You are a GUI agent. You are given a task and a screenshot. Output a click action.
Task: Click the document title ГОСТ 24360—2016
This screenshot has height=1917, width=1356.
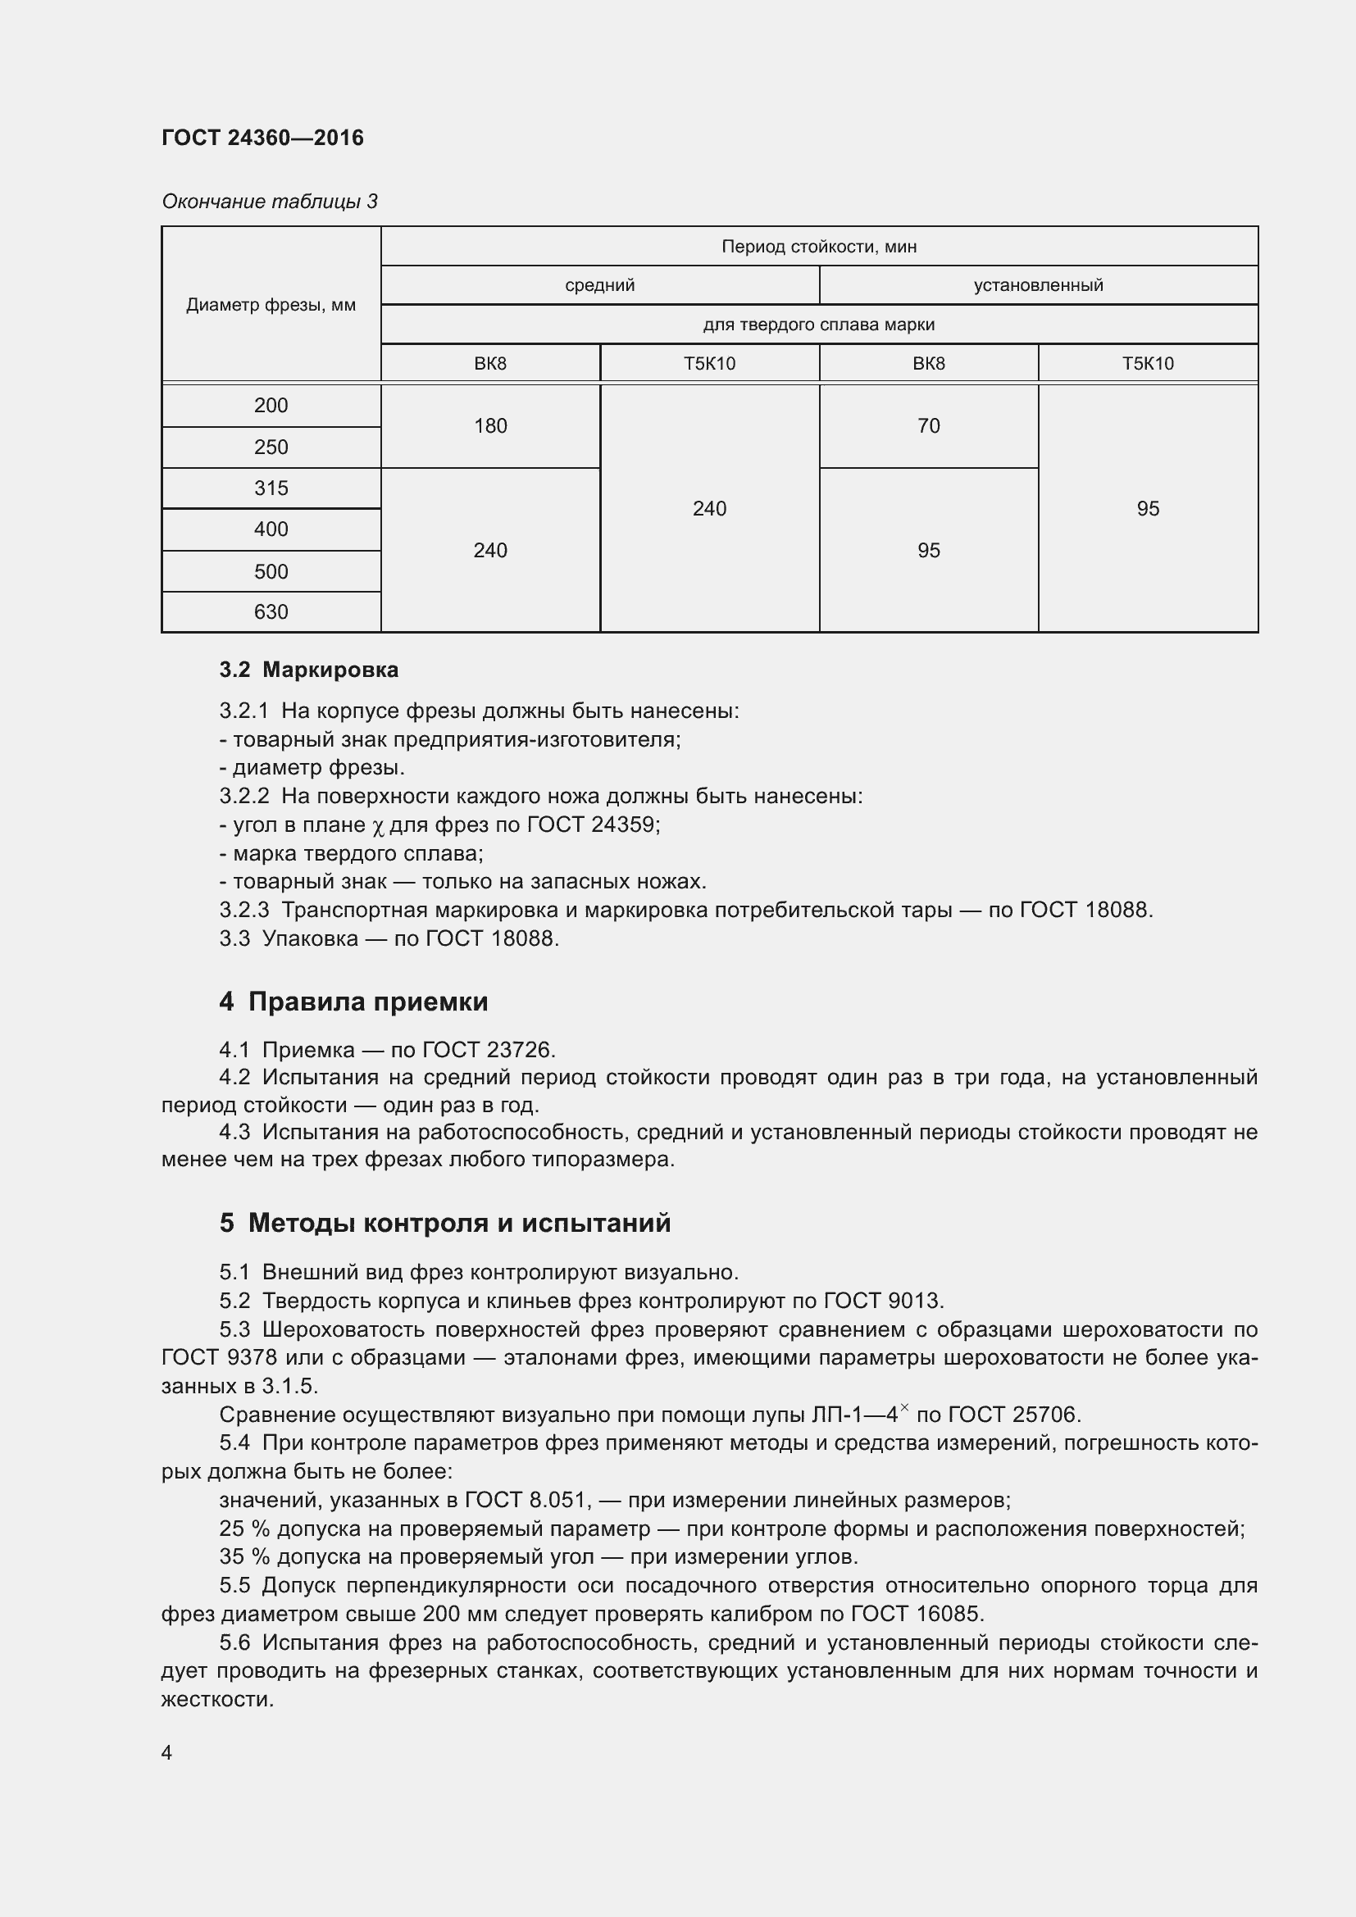click(x=262, y=138)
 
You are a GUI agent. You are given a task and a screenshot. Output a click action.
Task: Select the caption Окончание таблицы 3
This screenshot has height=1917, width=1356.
click(x=269, y=202)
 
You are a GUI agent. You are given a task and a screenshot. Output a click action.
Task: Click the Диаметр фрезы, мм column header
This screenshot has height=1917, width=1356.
click(x=271, y=305)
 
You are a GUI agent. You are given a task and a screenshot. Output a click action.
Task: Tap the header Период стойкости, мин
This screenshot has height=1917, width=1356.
click(x=818, y=247)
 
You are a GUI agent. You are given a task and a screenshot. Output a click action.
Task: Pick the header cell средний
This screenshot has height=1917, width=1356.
click(x=599, y=285)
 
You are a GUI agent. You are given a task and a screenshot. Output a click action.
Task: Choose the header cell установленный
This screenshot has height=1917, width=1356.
click(x=1038, y=285)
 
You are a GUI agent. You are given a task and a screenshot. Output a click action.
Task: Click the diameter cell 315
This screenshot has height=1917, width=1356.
click(x=271, y=488)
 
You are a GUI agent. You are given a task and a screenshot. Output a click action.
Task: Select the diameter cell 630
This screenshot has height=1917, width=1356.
click(x=271, y=612)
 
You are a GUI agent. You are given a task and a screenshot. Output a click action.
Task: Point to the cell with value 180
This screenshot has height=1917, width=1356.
click(x=490, y=426)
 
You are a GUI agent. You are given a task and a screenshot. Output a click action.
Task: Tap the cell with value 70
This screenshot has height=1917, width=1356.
click(x=929, y=426)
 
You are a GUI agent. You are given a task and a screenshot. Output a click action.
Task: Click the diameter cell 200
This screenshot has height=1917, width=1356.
click(x=271, y=406)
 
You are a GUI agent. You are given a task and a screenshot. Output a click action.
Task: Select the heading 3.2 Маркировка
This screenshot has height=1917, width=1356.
click(x=309, y=670)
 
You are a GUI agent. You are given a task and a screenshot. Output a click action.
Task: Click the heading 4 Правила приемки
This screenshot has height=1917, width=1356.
click(x=353, y=1001)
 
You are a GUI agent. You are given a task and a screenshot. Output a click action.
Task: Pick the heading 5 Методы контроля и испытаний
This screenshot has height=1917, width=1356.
click(x=444, y=1223)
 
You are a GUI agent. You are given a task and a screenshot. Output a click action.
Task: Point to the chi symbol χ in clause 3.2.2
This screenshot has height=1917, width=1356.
click(x=377, y=827)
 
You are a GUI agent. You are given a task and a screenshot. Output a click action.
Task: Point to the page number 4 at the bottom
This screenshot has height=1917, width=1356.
click(x=167, y=1752)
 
